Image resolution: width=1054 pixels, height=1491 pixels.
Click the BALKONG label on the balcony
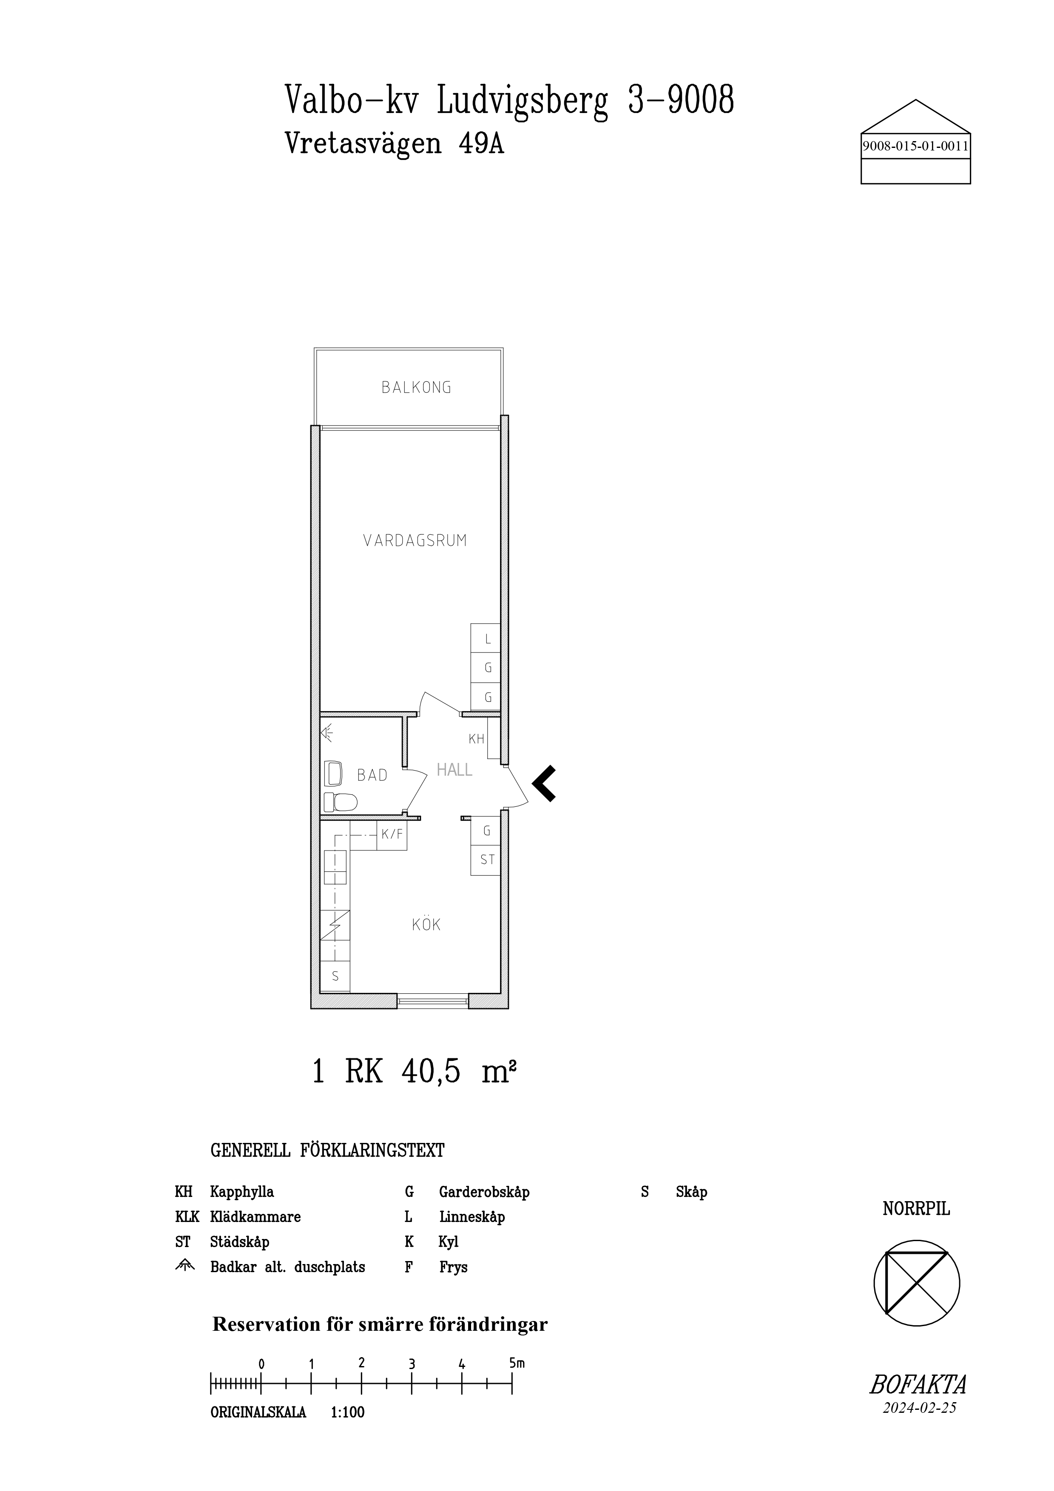(x=416, y=388)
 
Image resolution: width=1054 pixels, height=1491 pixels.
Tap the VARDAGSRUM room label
(x=415, y=540)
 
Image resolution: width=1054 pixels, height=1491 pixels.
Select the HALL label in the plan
(x=454, y=770)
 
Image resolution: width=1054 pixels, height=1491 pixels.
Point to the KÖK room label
(x=426, y=924)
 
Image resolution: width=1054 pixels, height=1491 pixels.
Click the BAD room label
(x=372, y=775)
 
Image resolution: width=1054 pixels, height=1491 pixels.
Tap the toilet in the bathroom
(x=340, y=802)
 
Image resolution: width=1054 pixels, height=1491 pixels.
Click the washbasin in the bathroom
(x=333, y=774)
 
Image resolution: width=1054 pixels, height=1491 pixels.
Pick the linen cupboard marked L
(x=485, y=639)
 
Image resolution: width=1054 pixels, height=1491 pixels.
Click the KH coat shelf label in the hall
(x=477, y=738)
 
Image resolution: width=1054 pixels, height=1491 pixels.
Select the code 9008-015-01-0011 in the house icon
(x=915, y=146)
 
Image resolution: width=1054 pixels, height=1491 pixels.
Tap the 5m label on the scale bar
(x=517, y=1363)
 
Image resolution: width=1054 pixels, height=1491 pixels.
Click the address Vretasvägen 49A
(x=394, y=144)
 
